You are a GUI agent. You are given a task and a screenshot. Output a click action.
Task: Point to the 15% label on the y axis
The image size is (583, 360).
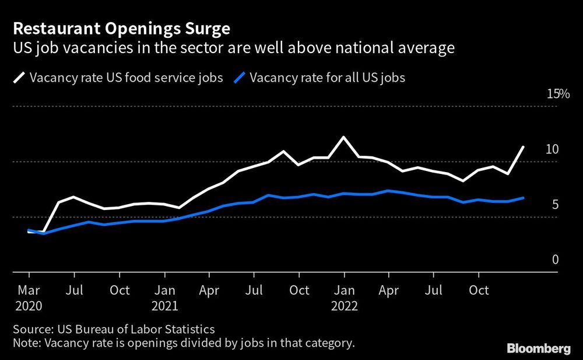(x=557, y=94)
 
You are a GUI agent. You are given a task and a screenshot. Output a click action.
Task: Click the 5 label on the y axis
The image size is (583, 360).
(x=555, y=204)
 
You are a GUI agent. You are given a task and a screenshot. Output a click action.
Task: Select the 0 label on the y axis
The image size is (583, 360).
(x=555, y=260)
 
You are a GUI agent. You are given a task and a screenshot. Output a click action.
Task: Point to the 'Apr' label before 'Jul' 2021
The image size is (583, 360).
(x=209, y=290)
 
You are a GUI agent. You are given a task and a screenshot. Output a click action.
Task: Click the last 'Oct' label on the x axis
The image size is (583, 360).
(x=479, y=290)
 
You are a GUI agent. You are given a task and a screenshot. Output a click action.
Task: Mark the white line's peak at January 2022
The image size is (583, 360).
(x=344, y=137)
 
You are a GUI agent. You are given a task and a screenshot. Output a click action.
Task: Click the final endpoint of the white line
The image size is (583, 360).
(x=523, y=147)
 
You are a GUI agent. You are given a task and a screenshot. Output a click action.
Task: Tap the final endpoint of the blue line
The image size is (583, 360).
(x=523, y=198)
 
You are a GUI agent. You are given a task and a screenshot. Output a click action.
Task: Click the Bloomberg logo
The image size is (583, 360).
(x=539, y=349)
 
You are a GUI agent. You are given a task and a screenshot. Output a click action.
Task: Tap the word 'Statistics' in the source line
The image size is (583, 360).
(x=188, y=329)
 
